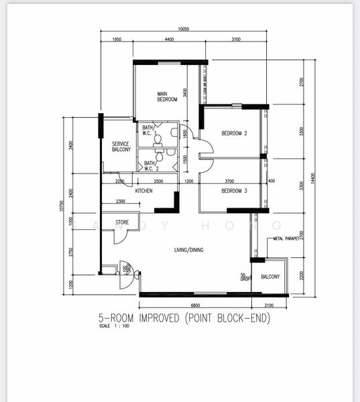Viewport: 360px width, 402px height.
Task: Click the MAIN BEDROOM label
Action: point(167,96)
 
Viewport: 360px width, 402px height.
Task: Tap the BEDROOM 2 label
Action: point(235,133)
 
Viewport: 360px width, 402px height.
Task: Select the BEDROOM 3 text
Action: point(235,191)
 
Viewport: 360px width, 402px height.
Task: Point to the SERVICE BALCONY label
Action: point(121,147)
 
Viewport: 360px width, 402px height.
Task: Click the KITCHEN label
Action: point(144,191)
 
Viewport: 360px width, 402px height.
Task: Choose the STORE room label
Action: point(122,222)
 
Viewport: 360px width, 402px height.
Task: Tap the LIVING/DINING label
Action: point(189,250)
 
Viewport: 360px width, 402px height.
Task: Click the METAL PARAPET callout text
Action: point(286,238)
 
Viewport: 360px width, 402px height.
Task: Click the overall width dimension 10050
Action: point(184,29)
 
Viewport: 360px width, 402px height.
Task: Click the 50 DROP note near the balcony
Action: point(243,277)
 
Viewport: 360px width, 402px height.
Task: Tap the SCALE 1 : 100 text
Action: point(114,326)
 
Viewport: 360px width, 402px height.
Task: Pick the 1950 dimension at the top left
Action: point(117,40)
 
